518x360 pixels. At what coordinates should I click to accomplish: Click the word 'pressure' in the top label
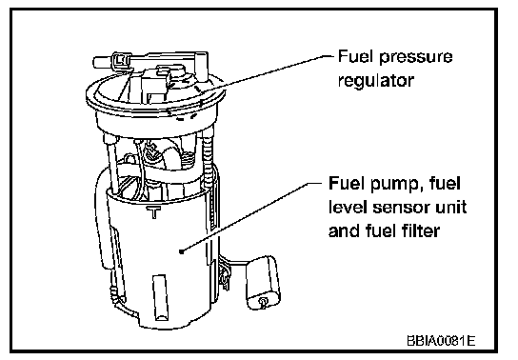click(415, 57)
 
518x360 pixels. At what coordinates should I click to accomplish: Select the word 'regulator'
click(375, 80)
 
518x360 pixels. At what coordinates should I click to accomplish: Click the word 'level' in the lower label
click(348, 207)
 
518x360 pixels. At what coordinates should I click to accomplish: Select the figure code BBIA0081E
click(441, 341)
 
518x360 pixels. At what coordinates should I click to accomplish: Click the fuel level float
click(264, 282)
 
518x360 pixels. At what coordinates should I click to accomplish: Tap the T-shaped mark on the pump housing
click(153, 211)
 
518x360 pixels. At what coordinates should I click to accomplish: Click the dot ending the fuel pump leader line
click(181, 251)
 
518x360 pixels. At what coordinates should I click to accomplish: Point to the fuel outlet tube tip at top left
click(97, 62)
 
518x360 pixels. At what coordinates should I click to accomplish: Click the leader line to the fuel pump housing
click(251, 216)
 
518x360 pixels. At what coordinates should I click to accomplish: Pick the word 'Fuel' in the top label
click(356, 56)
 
